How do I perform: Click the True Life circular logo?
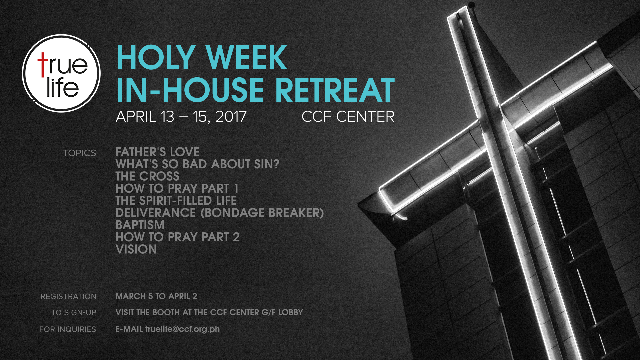tap(61, 73)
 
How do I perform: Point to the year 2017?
tap(231, 117)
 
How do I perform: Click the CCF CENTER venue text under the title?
tap(348, 117)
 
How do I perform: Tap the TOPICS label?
tap(80, 153)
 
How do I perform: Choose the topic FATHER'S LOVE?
tap(157, 152)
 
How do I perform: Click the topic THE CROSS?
tap(147, 176)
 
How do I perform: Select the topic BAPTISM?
tap(140, 225)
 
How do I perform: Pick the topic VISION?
tap(136, 249)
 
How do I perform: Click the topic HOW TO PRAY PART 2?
tap(178, 237)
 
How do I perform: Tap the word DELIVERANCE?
tap(156, 213)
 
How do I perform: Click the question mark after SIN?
tap(276, 164)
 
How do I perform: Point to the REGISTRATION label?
tap(68, 296)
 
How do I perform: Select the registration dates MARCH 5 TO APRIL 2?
tap(156, 296)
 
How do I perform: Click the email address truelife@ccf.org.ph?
tap(182, 329)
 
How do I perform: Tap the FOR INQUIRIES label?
tap(68, 329)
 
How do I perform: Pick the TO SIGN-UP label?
tap(74, 313)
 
